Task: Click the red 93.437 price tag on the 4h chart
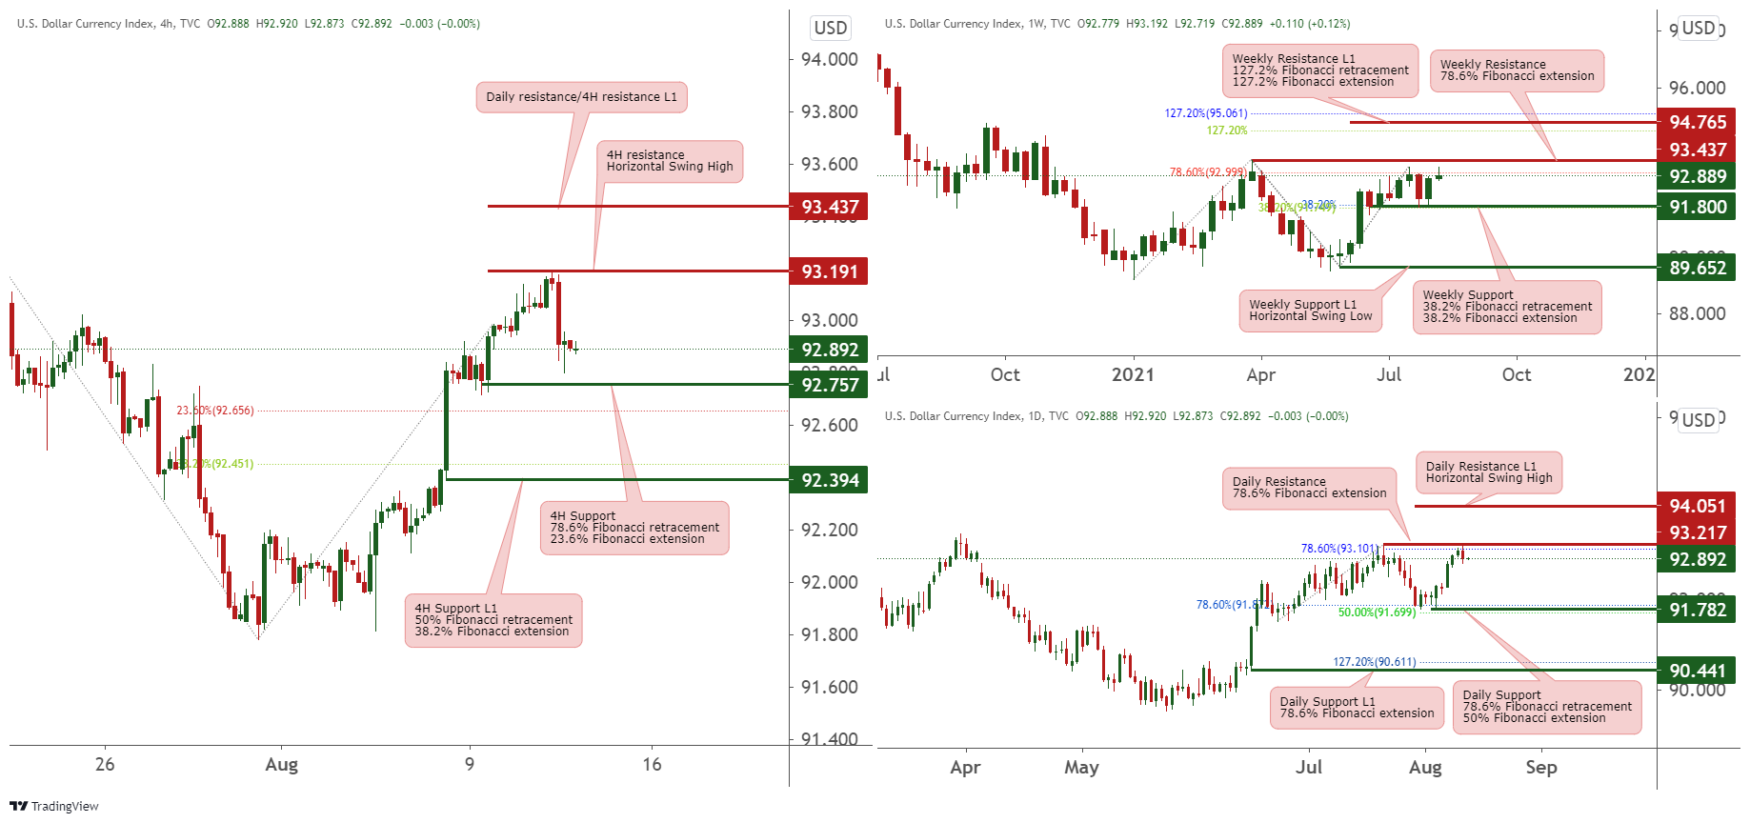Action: coord(828,207)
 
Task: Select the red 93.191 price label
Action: coord(828,271)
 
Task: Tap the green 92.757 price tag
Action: coord(828,385)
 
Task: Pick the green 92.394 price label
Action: coord(828,480)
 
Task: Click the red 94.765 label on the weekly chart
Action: coord(1697,122)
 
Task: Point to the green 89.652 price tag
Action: coord(1697,268)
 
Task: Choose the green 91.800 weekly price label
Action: coord(1697,207)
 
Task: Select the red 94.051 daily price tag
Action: coord(1697,506)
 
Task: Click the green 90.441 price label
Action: coord(1697,671)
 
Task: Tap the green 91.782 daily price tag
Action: coord(1697,610)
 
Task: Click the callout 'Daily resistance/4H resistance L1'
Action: coord(581,97)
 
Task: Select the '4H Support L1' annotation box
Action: coord(493,620)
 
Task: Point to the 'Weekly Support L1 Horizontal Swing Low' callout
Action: coord(1310,311)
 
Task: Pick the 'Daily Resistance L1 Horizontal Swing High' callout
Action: coord(1488,472)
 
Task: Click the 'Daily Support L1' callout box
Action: coord(1357,708)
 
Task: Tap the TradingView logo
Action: coord(54,806)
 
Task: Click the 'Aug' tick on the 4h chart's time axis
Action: coord(281,764)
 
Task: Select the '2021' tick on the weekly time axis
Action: coord(1133,374)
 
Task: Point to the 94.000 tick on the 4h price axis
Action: coord(829,59)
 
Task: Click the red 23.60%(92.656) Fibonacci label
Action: coord(215,411)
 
